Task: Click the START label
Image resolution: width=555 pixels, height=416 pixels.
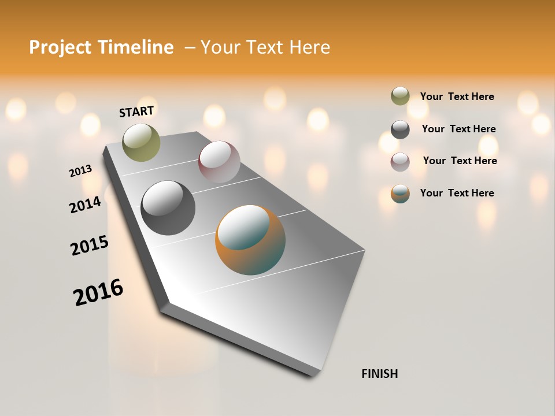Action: pyautogui.click(x=136, y=112)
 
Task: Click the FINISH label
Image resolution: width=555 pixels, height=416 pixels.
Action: pyautogui.click(x=379, y=374)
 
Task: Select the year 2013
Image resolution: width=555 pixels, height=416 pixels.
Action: pyautogui.click(x=81, y=170)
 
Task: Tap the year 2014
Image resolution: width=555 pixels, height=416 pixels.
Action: pyautogui.click(x=86, y=205)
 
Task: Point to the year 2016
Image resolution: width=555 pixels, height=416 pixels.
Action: pyautogui.click(x=98, y=292)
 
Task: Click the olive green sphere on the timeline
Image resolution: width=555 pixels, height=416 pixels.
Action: pyautogui.click(x=141, y=142)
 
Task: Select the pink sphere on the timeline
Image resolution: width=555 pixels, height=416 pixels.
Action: pyautogui.click(x=219, y=161)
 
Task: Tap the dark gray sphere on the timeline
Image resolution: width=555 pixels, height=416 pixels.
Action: pyautogui.click(x=168, y=208)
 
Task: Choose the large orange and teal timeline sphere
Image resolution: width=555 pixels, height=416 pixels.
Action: pyautogui.click(x=250, y=240)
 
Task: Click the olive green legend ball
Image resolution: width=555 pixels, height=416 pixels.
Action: pyautogui.click(x=400, y=96)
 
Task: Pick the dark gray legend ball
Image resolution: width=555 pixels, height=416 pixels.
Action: pyautogui.click(x=400, y=129)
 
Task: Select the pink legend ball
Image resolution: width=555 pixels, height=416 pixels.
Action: pyautogui.click(x=400, y=162)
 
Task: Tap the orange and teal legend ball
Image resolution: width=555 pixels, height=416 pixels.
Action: pyautogui.click(x=400, y=194)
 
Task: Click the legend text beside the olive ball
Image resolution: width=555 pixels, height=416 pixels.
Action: pyautogui.click(x=457, y=96)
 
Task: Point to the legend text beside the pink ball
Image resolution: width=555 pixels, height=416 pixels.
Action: pyautogui.click(x=460, y=161)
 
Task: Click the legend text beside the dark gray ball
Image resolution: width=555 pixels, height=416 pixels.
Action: pyautogui.click(x=458, y=129)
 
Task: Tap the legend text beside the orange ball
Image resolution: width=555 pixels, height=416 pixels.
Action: pyautogui.click(x=457, y=193)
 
